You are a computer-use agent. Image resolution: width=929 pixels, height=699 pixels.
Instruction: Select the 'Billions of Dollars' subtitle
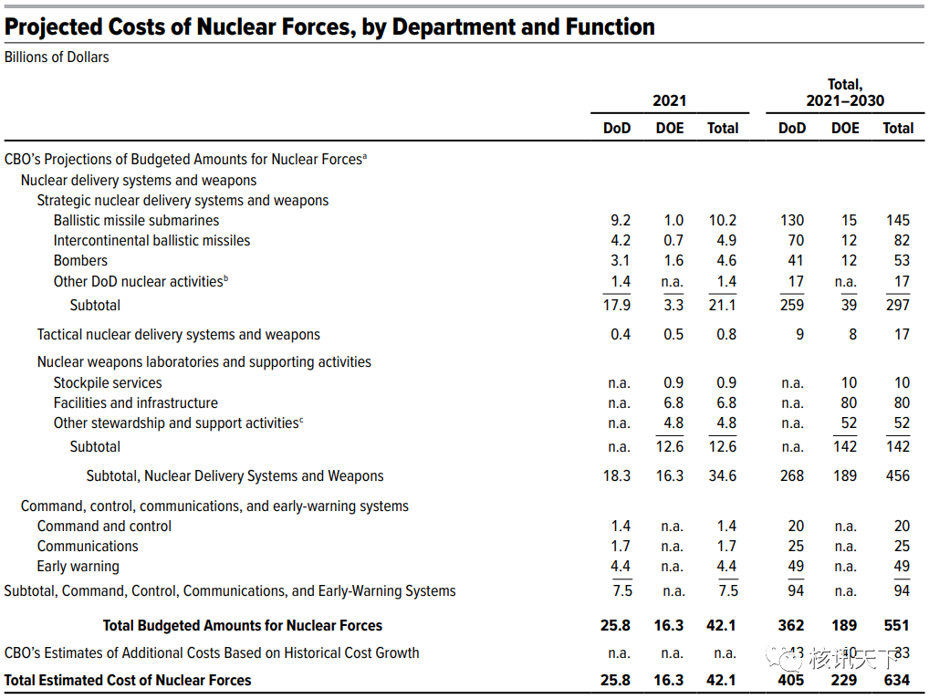[57, 57]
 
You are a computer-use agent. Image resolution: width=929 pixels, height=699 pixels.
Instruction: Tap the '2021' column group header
[669, 100]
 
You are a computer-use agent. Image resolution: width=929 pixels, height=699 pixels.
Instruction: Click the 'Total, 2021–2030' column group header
[844, 92]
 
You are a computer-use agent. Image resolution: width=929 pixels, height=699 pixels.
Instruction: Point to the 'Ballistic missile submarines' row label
[136, 221]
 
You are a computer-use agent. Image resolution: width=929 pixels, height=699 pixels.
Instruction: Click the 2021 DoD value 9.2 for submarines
[621, 221]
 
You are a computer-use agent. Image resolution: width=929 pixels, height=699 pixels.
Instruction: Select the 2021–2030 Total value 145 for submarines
[898, 221]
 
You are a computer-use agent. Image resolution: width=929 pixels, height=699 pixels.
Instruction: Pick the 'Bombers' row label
[80, 261]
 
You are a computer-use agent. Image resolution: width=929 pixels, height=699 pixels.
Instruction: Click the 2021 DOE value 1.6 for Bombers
[673, 261]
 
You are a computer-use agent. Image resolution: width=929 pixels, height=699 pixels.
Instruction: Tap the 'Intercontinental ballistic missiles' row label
[151, 241]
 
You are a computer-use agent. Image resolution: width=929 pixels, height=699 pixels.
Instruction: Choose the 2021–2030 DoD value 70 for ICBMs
[796, 241]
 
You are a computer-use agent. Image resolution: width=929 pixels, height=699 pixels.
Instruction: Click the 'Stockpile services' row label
[108, 383]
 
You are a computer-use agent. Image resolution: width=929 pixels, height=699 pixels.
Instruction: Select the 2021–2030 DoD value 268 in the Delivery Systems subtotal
[792, 476]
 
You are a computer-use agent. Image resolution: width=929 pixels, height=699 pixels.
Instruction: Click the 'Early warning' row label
[78, 567]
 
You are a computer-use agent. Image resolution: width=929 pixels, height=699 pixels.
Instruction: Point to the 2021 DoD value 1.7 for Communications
[621, 547]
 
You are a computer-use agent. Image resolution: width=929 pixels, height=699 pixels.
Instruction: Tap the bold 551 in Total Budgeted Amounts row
[897, 626]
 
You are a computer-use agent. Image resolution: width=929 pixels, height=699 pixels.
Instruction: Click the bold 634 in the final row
[897, 681]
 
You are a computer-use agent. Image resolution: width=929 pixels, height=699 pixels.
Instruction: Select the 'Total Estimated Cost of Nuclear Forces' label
[128, 681]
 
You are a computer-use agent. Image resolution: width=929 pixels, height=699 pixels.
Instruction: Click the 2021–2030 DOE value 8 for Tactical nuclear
[852, 335]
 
